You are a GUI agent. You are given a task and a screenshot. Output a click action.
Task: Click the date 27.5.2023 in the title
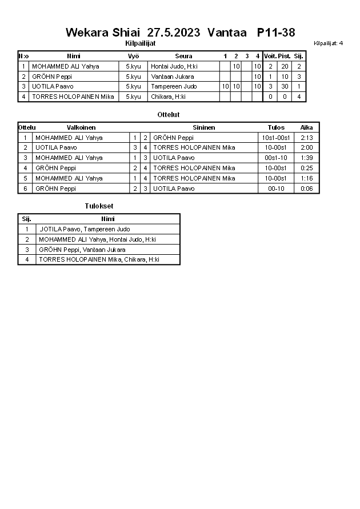[174, 33]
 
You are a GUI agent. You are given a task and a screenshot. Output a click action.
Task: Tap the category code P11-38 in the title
[276, 33]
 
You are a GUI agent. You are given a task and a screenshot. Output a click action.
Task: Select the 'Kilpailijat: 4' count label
[328, 43]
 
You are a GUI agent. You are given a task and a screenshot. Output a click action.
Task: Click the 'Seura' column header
[183, 56]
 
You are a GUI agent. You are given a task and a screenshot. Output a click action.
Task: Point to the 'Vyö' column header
[133, 56]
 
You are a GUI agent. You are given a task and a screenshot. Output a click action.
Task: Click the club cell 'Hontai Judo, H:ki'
[174, 66]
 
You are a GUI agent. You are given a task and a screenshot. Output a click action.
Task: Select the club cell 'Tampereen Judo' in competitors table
[174, 86]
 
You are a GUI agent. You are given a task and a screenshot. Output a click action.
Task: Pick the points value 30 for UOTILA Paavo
[285, 86]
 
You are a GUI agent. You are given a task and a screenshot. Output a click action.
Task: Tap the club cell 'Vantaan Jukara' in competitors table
[173, 77]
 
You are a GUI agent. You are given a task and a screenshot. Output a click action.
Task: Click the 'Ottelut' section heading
[169, 115]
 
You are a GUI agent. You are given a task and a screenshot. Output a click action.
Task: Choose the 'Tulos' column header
[276, 127]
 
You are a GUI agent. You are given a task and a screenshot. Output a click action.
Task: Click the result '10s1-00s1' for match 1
[276, 138]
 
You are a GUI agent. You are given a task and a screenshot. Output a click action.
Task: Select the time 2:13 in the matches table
[307, 138]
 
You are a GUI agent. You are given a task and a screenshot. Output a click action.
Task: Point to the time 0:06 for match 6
[307, 189]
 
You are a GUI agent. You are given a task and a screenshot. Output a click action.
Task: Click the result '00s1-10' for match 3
[276, 158]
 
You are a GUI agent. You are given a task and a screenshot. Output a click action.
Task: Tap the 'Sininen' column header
[203, 127]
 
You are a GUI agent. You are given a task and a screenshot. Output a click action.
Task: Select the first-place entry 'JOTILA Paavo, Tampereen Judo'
[85, 229]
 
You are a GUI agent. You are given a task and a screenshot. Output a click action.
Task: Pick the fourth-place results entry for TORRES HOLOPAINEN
[99, 260]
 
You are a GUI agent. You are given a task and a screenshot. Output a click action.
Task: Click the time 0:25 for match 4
[307, 168]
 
